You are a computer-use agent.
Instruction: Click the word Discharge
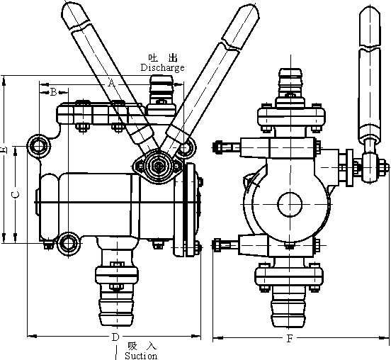(163, 67)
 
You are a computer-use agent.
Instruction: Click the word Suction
(141, 355)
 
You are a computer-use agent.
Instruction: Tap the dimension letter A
(112, 82)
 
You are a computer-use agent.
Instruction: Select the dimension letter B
(54, 92)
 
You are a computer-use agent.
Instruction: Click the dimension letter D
(115, 337)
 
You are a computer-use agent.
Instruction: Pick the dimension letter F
(290, 339)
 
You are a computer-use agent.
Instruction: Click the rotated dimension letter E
(4, 150)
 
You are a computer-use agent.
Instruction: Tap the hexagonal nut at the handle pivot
(157, 166)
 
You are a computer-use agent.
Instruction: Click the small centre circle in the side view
(290, 204)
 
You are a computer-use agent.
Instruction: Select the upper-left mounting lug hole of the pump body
(39, 146)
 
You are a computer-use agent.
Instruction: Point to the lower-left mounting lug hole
(67, 243)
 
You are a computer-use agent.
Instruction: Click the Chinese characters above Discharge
(163, 58)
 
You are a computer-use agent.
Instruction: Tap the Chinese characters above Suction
(142, 346)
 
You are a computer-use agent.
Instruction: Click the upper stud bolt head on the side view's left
(217, 147)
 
